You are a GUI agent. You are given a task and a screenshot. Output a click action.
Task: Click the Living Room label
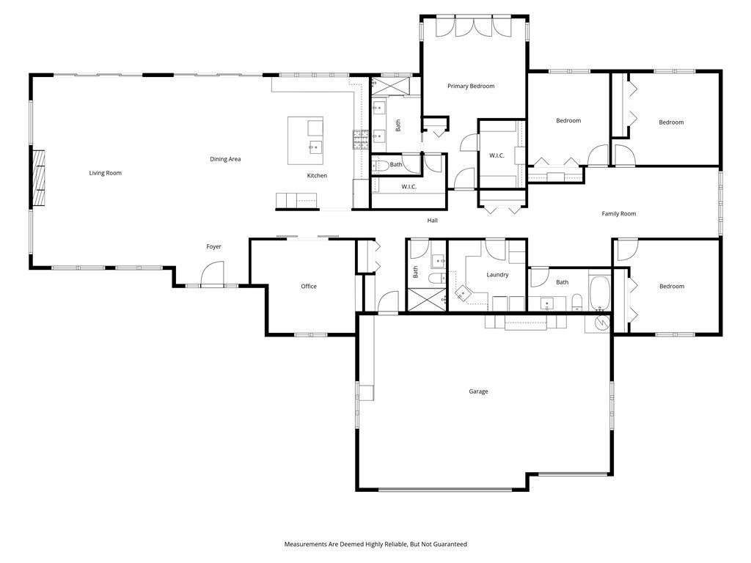[x=106, y=173]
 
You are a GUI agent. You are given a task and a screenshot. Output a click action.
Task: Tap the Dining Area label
[x=225, y=159]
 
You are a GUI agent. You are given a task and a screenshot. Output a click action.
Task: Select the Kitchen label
[x=317, y=176]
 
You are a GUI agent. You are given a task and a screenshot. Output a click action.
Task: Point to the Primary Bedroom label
[x=471, y=87]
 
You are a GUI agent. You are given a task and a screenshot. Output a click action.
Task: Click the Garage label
[x=478, y=391]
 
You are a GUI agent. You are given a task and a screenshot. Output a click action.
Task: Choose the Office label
[x=309, y=287]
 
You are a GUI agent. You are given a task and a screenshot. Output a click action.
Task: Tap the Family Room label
[x=619, y=213]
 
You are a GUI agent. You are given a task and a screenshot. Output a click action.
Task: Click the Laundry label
[x=497, y=275]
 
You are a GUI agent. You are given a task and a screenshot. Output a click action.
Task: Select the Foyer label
[x=213, y=246]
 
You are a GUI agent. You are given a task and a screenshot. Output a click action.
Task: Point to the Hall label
[x=433, y=220]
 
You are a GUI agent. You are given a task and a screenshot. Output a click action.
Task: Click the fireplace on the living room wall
[x=38, y=178]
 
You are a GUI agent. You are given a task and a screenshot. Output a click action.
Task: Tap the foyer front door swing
[x=213, y=273]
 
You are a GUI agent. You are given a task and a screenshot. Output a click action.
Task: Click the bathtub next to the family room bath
[x=600, y=292]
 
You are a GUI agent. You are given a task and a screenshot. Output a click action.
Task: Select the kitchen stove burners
[x=359, y=139]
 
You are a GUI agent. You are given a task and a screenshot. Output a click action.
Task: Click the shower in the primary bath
[x=391, y=87]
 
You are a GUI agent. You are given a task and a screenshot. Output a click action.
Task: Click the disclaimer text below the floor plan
[x=375, y=544]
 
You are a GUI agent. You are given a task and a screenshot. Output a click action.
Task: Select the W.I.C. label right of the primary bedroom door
[x=497, y=155]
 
